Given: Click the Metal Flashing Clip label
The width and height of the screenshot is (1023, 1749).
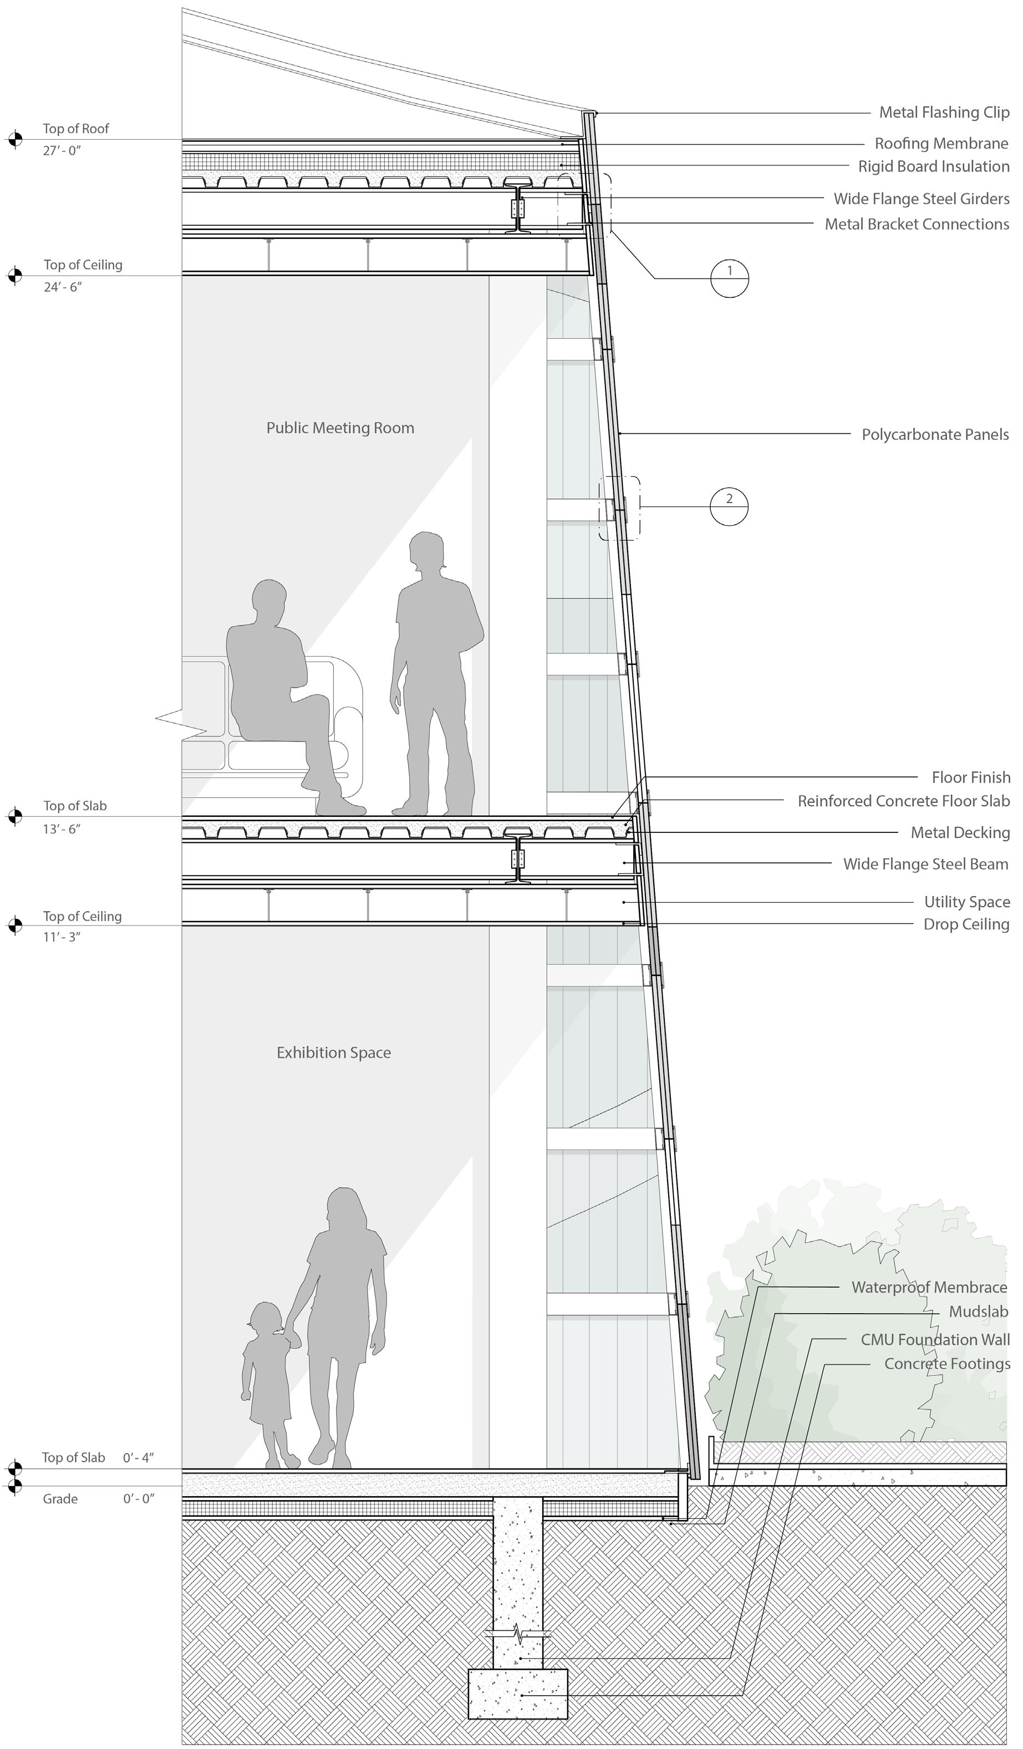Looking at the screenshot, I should tap(944, 113).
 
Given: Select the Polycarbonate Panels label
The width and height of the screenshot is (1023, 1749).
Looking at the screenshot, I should tap(935, 434).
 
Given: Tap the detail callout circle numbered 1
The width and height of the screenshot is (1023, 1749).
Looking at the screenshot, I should tap(730, 278).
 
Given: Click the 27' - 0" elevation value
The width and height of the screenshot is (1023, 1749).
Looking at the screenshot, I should tap(62, 151).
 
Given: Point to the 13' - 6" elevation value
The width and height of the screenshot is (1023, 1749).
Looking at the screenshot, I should tap(62, 828).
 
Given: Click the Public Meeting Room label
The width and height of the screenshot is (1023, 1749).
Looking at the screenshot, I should tap(340, 428).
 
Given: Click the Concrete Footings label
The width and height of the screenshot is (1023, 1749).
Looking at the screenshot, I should tap(946, 1364).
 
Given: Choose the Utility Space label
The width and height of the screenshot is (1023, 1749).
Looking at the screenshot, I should tap(967, 902).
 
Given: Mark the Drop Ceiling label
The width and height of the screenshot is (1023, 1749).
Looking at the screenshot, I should tap(966, 924).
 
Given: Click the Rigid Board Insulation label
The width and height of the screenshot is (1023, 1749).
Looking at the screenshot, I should tap(934, 166).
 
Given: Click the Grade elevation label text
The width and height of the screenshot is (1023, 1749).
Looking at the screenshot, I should tap(60, 1498).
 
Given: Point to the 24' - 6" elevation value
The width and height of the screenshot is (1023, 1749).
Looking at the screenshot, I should tap(63, 287).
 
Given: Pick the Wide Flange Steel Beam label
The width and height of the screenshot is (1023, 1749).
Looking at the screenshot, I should tap(925, 864).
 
